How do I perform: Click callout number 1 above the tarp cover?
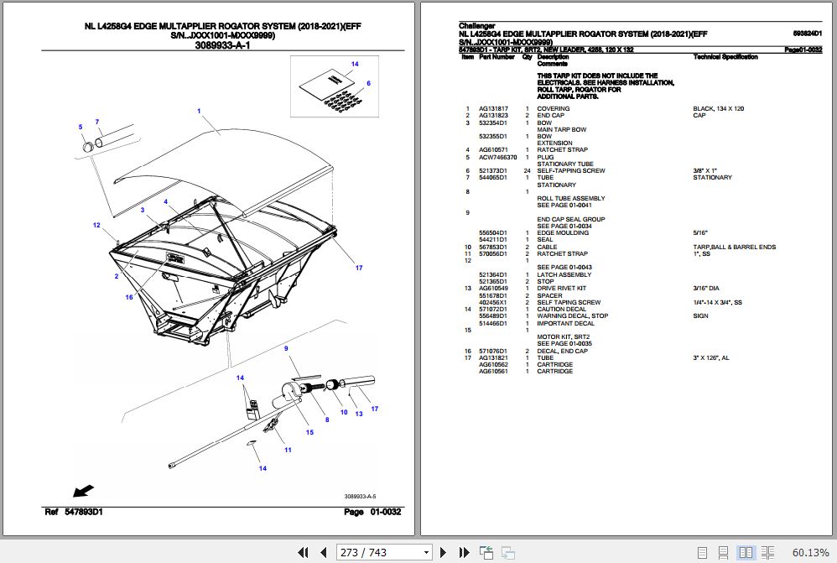click(x=199, y=111)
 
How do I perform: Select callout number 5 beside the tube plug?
click(x=81, y=127)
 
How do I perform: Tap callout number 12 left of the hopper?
click(x=96, y=225)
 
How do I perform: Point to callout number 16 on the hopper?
click(x=129, y=296)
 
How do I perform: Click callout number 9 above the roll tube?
click(x=285, y=348)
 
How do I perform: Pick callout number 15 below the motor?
click(x=309, y=432)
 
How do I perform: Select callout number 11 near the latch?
click(x=288, y=451)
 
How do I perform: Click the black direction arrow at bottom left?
click(x=83, y=491)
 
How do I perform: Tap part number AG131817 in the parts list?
click(x=492, y=109)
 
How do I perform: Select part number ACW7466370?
click(x=497, y=157)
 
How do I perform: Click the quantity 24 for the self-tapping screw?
click(x=527, y=171)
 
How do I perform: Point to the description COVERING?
click(x=553, y=109)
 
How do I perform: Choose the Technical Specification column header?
click(x=725, y=57)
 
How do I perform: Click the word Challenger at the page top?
click(x=477, y=26)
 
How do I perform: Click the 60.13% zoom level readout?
click(x=809, y=552)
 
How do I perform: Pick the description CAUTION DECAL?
click(x=562, y=310)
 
